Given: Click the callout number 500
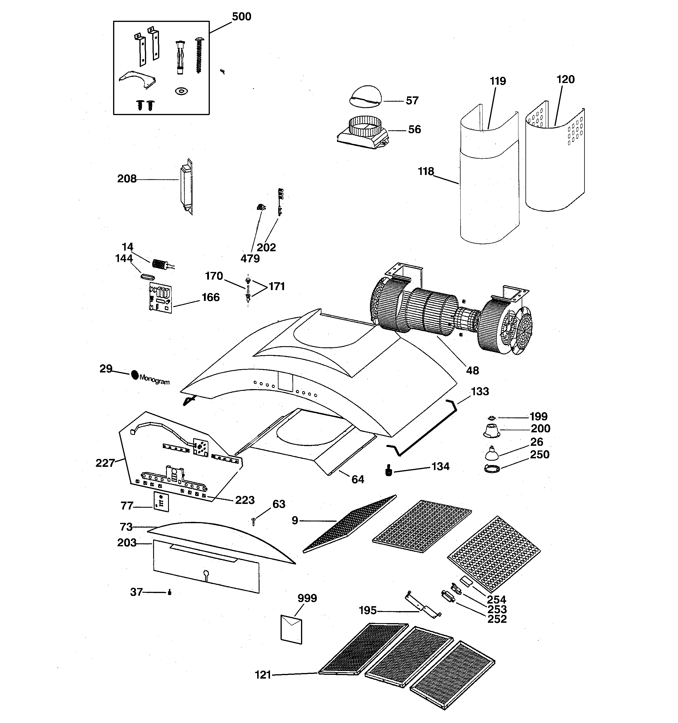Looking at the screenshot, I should click(241, 16).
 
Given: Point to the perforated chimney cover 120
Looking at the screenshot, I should click(555, 160).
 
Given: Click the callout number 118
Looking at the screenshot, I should click(426, 171).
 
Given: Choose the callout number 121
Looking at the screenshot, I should click(263, 675).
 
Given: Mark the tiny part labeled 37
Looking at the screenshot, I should click(169, 592).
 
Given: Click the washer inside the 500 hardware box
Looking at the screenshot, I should click(181, 91).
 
